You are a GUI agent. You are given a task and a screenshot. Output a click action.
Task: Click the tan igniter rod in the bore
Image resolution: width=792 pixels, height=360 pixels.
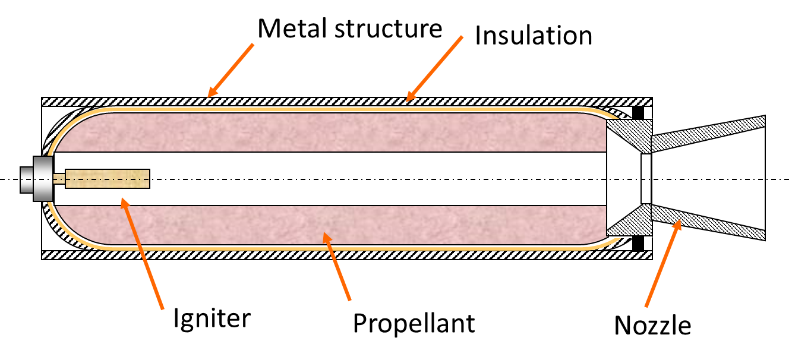pos(108,179)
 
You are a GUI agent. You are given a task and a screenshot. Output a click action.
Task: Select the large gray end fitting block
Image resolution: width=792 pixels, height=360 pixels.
pos(43,179)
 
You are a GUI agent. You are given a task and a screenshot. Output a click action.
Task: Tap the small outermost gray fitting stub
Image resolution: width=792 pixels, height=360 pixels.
pos(27,179)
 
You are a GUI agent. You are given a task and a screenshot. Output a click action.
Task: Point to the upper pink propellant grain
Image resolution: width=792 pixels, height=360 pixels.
pos(333,132)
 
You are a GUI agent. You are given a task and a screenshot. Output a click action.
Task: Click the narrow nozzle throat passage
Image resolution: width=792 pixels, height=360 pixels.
pos(646,178)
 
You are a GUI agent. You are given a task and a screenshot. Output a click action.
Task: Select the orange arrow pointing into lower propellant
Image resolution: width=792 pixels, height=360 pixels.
pos(337,267)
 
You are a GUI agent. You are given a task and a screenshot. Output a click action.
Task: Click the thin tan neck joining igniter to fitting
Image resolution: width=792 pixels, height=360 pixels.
pos(59,179)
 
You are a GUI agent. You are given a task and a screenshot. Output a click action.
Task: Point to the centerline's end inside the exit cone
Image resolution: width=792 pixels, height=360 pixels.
pos(762,179)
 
